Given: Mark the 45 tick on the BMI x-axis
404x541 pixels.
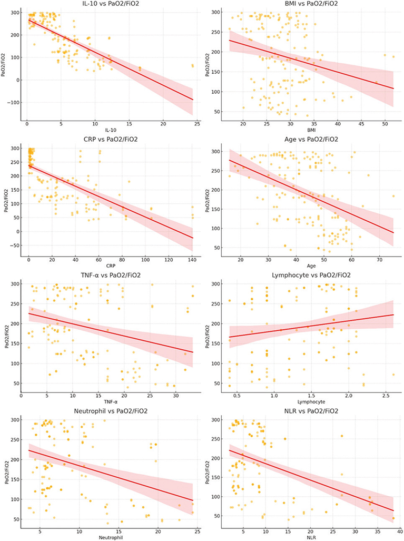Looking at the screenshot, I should (x=361, y=124).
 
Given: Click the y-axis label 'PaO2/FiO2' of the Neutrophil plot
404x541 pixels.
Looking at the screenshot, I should (x=5, y=469).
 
